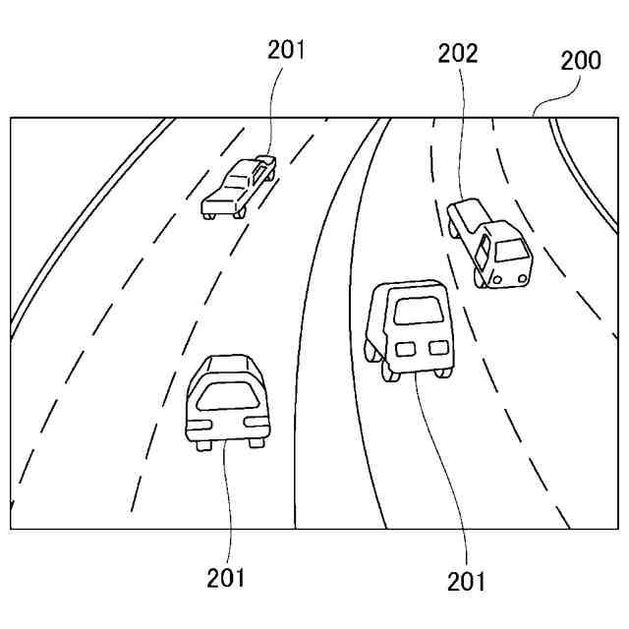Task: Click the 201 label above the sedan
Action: (286, 50)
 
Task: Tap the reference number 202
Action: (458, 54)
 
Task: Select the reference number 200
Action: (581, 61)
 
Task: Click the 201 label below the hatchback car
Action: (226, 577)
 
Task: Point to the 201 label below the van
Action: (466, 581)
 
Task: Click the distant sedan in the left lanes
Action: (239, 186)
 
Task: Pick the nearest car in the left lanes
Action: (226, 401)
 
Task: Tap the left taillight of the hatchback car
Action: (200, 423)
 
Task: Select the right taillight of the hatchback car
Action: (255, 423)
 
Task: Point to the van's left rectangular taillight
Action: (404, 347)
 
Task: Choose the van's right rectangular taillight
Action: (435, 347)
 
